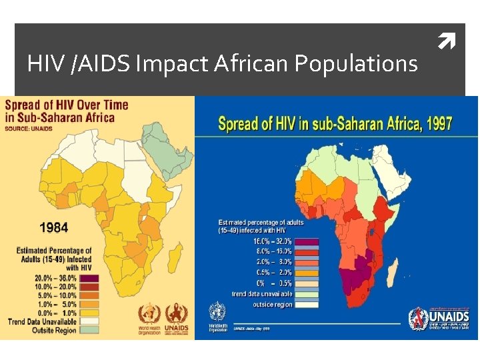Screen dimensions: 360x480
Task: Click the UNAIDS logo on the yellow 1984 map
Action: (176, 316)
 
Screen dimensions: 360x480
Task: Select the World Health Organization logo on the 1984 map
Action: (149, 316)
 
